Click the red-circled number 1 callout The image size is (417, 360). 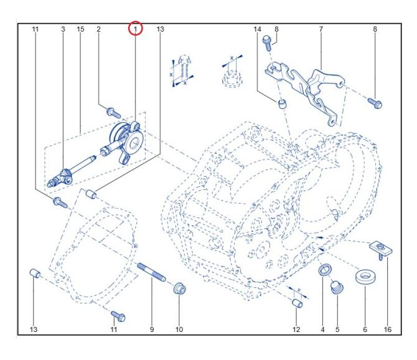click(135, 29)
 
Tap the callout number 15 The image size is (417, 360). click(80, 29)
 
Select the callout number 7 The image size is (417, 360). click(321, 29)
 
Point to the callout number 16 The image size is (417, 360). click(387, 329)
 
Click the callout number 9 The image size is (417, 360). click(151, 329)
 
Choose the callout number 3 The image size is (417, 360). click(63, 29)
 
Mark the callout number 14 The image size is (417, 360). click(257, 29)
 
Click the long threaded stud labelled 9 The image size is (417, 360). click(151, 274)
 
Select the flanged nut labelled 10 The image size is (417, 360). click(179, 290)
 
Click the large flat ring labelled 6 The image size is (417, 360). click(364, 277)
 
